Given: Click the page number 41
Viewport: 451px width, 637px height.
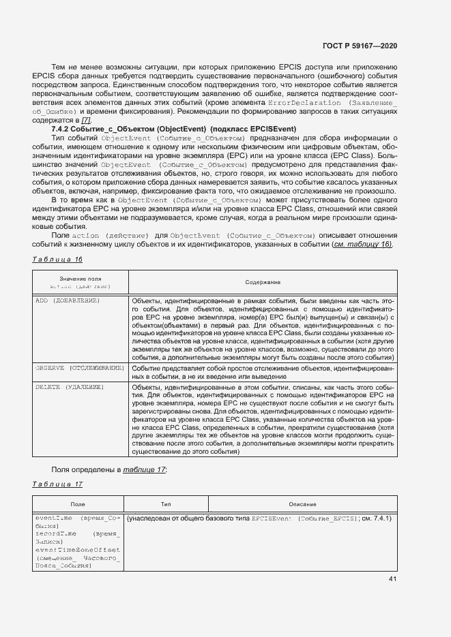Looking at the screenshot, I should (392, 579).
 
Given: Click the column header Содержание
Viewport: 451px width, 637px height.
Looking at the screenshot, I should (263, 282).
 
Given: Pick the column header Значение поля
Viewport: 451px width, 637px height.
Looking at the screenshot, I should (80, 279).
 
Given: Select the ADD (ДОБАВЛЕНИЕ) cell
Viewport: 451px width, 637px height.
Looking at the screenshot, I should (68, 300).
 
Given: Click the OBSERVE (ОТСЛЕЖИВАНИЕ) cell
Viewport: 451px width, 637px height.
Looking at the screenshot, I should (79, 368).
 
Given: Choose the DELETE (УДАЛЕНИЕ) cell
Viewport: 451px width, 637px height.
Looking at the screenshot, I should (69, 387).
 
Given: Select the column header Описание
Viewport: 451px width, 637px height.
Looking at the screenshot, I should (302, 504).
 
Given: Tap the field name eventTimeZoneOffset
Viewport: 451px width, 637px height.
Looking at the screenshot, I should (77, 549).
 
